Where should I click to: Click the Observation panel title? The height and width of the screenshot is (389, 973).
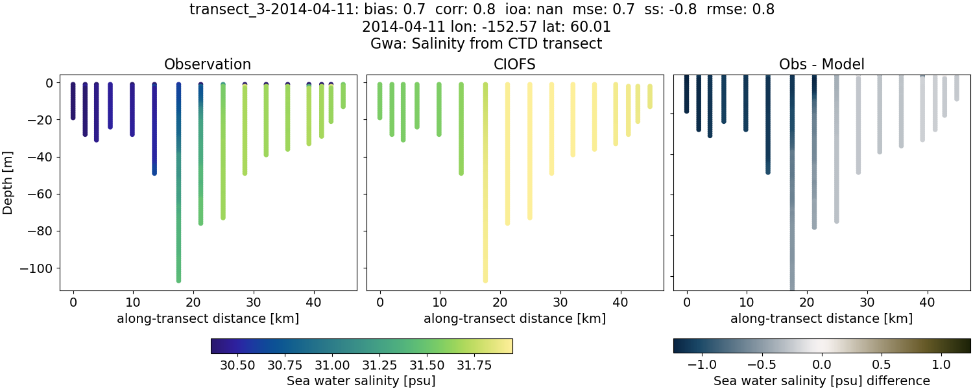(x=208, y=64)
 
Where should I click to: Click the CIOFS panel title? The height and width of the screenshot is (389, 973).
(x=515, y=64)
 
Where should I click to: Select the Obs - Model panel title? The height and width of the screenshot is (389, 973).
(x=821, y=64)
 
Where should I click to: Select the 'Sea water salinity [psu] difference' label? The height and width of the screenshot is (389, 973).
(x=821, y=381)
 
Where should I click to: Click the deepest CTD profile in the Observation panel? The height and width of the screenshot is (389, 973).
(x=178, y=194)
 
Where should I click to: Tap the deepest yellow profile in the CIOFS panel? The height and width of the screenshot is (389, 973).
(x=485, y=194)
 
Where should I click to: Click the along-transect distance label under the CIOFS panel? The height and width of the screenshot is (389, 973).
(x=515, y=318)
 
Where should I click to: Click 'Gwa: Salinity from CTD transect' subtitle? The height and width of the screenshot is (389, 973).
(x=486, y=44)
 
